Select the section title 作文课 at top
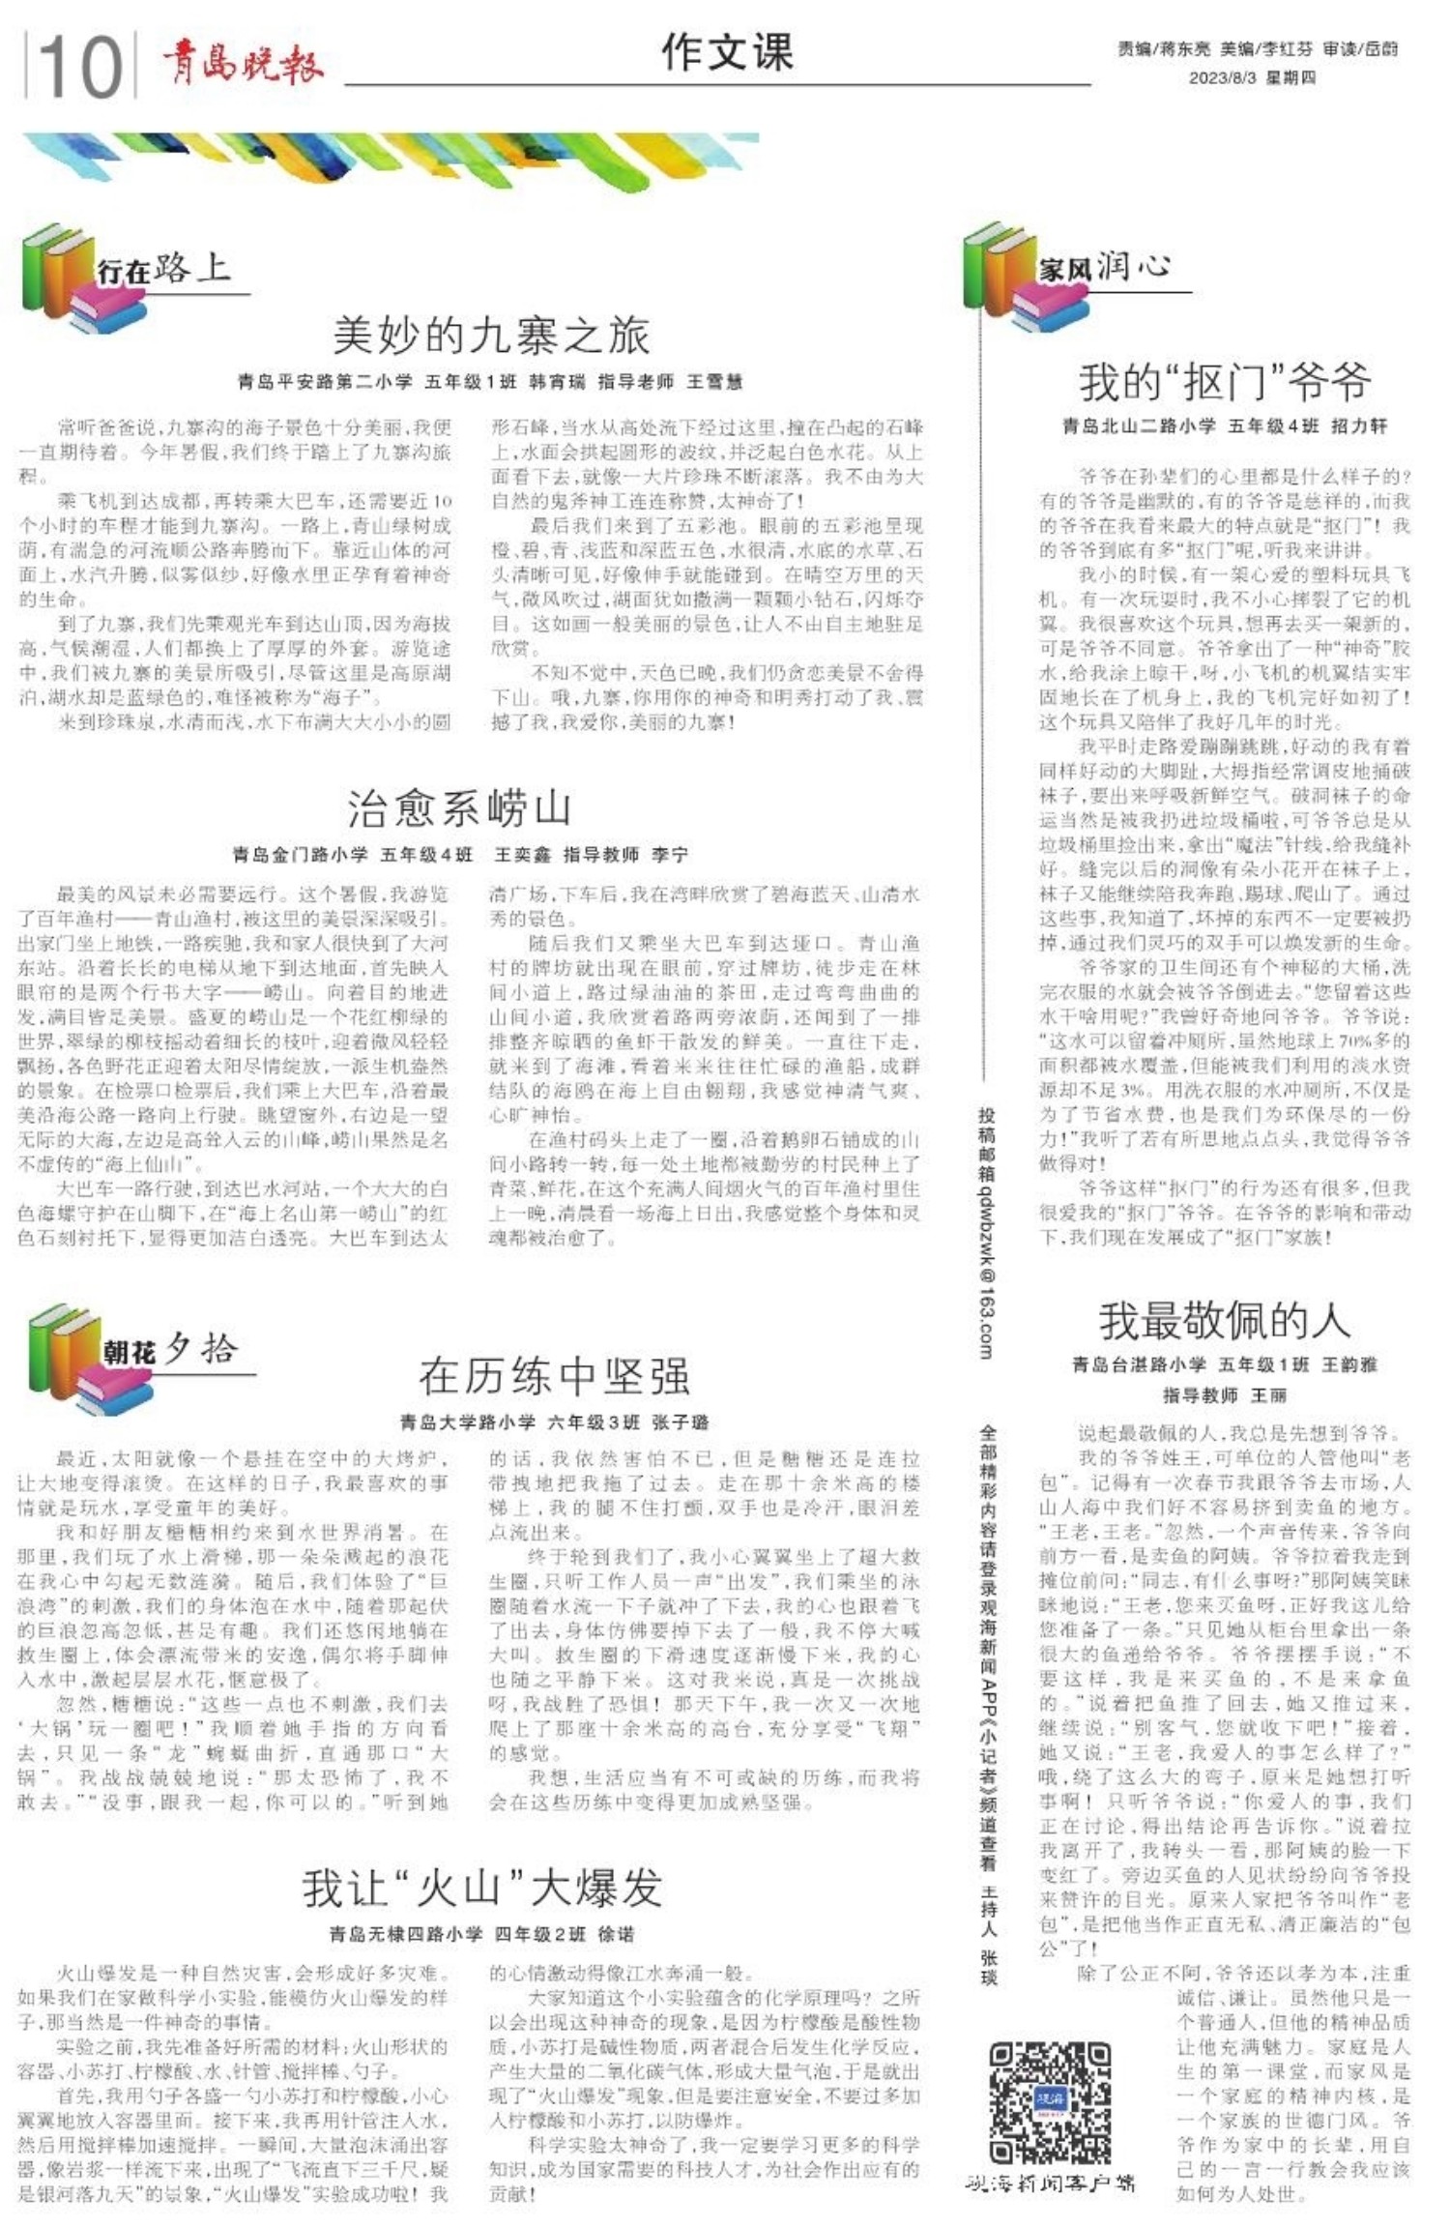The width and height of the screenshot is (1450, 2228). click(727, 52)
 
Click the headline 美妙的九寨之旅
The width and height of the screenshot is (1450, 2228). click(491, 336)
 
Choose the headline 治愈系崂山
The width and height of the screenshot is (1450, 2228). click(459, 807)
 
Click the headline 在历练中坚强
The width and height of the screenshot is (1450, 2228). click(554, 1375)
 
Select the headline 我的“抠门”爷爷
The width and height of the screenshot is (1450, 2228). click(1225, 382)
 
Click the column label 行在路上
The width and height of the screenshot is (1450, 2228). click(163, 268)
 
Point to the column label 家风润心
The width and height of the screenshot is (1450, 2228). click(1105, 266)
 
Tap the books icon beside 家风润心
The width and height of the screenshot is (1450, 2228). click(1000, 278)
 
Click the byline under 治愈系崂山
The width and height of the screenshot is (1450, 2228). click(459, 855)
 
